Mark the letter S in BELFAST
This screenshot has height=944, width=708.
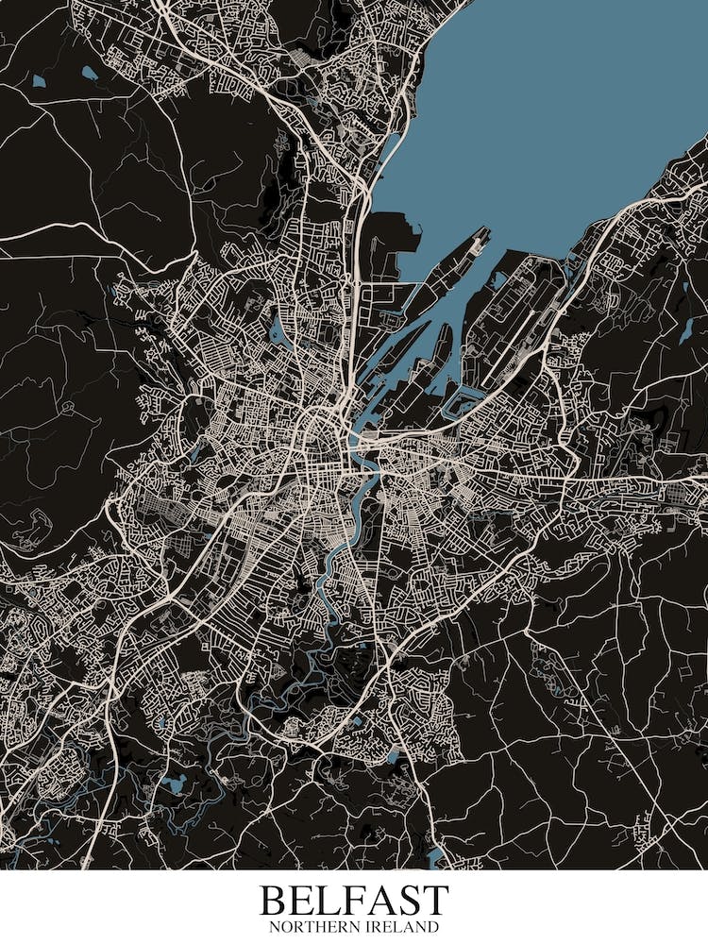pyautogui.click(x=413, y=900)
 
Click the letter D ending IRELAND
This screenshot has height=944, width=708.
pyautogui.click(x=435, y=928)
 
